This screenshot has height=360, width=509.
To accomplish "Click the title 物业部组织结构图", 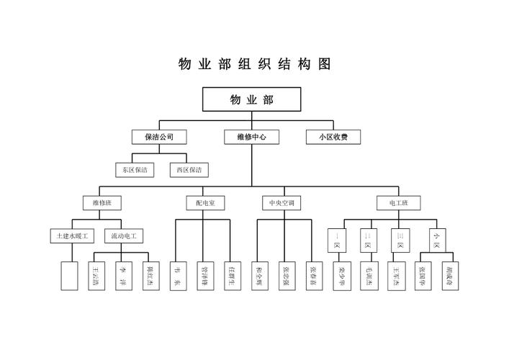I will pyautogui.click(x=254, y=64).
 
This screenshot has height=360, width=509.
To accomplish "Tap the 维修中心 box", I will pyautogui.click(x=251, y=136).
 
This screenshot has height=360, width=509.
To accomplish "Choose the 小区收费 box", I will pyautogui.click(x=333, y=136).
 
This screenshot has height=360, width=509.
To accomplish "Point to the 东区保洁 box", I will pyautogui.click(x=135, y=170).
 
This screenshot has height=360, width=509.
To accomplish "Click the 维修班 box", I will pyautogui.click(x=96, y=203).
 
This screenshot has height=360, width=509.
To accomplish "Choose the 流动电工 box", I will pyautogui.click(x=124, y=235).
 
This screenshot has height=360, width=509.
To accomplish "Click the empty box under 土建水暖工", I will pyautogui.click(x=69, y=276).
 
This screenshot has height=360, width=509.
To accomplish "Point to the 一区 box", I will pyautogui.click(x=336, y=240).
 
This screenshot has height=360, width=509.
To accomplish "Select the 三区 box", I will pyautogui.click(x=400, y=240).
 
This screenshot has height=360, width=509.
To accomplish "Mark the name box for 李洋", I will pyautogui.click(x=124, y=276).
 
